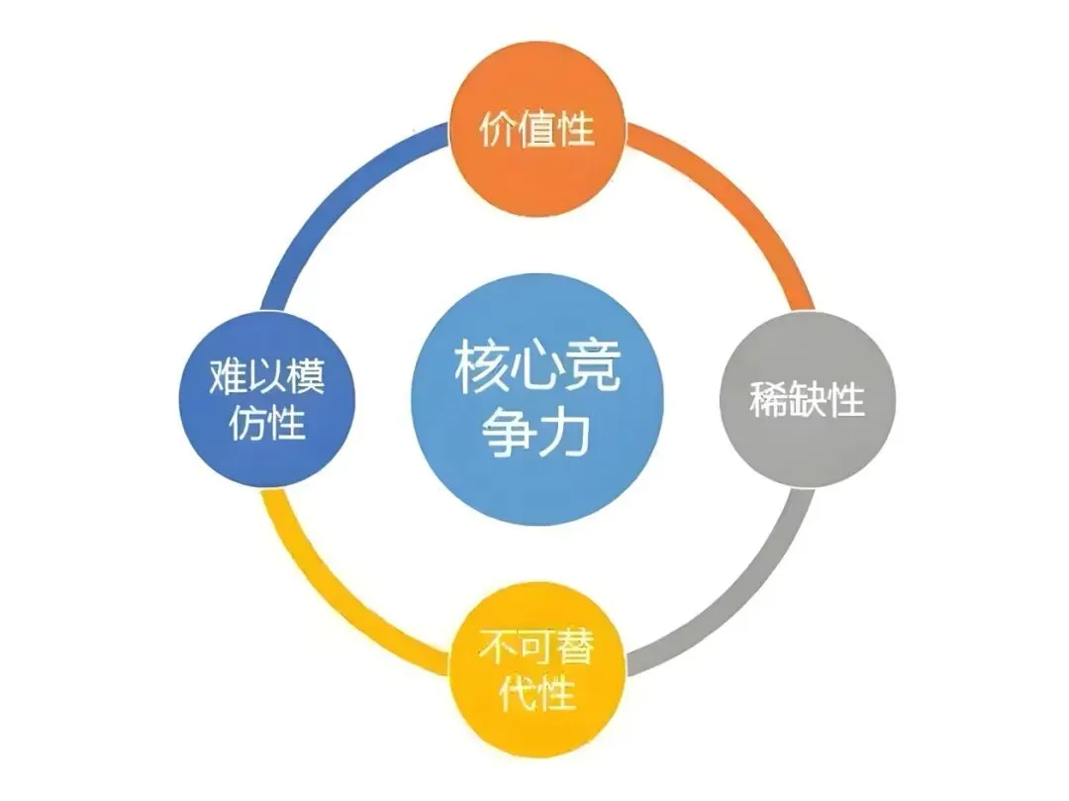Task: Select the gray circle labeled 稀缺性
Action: [x=807, y=400]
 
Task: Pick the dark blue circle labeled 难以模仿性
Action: [x=266, y=400]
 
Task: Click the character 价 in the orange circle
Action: [x=498, y=130]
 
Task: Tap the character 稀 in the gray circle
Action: [x=769, y=400]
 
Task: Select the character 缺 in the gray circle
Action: [x=807, y=400]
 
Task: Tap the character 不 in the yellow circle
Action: [x=498, y=650]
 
